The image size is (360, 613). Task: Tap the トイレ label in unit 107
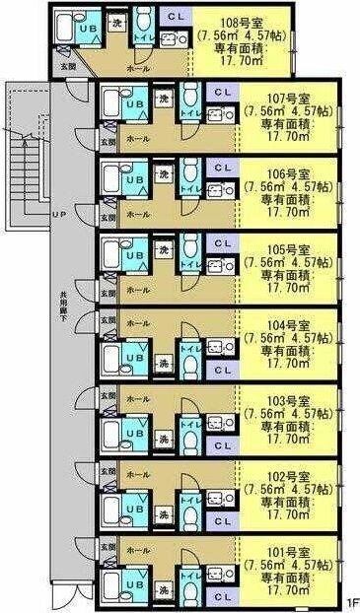[187, 114]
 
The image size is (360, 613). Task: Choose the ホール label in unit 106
[139, 214]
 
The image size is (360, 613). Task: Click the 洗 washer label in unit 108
[118, 21]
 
